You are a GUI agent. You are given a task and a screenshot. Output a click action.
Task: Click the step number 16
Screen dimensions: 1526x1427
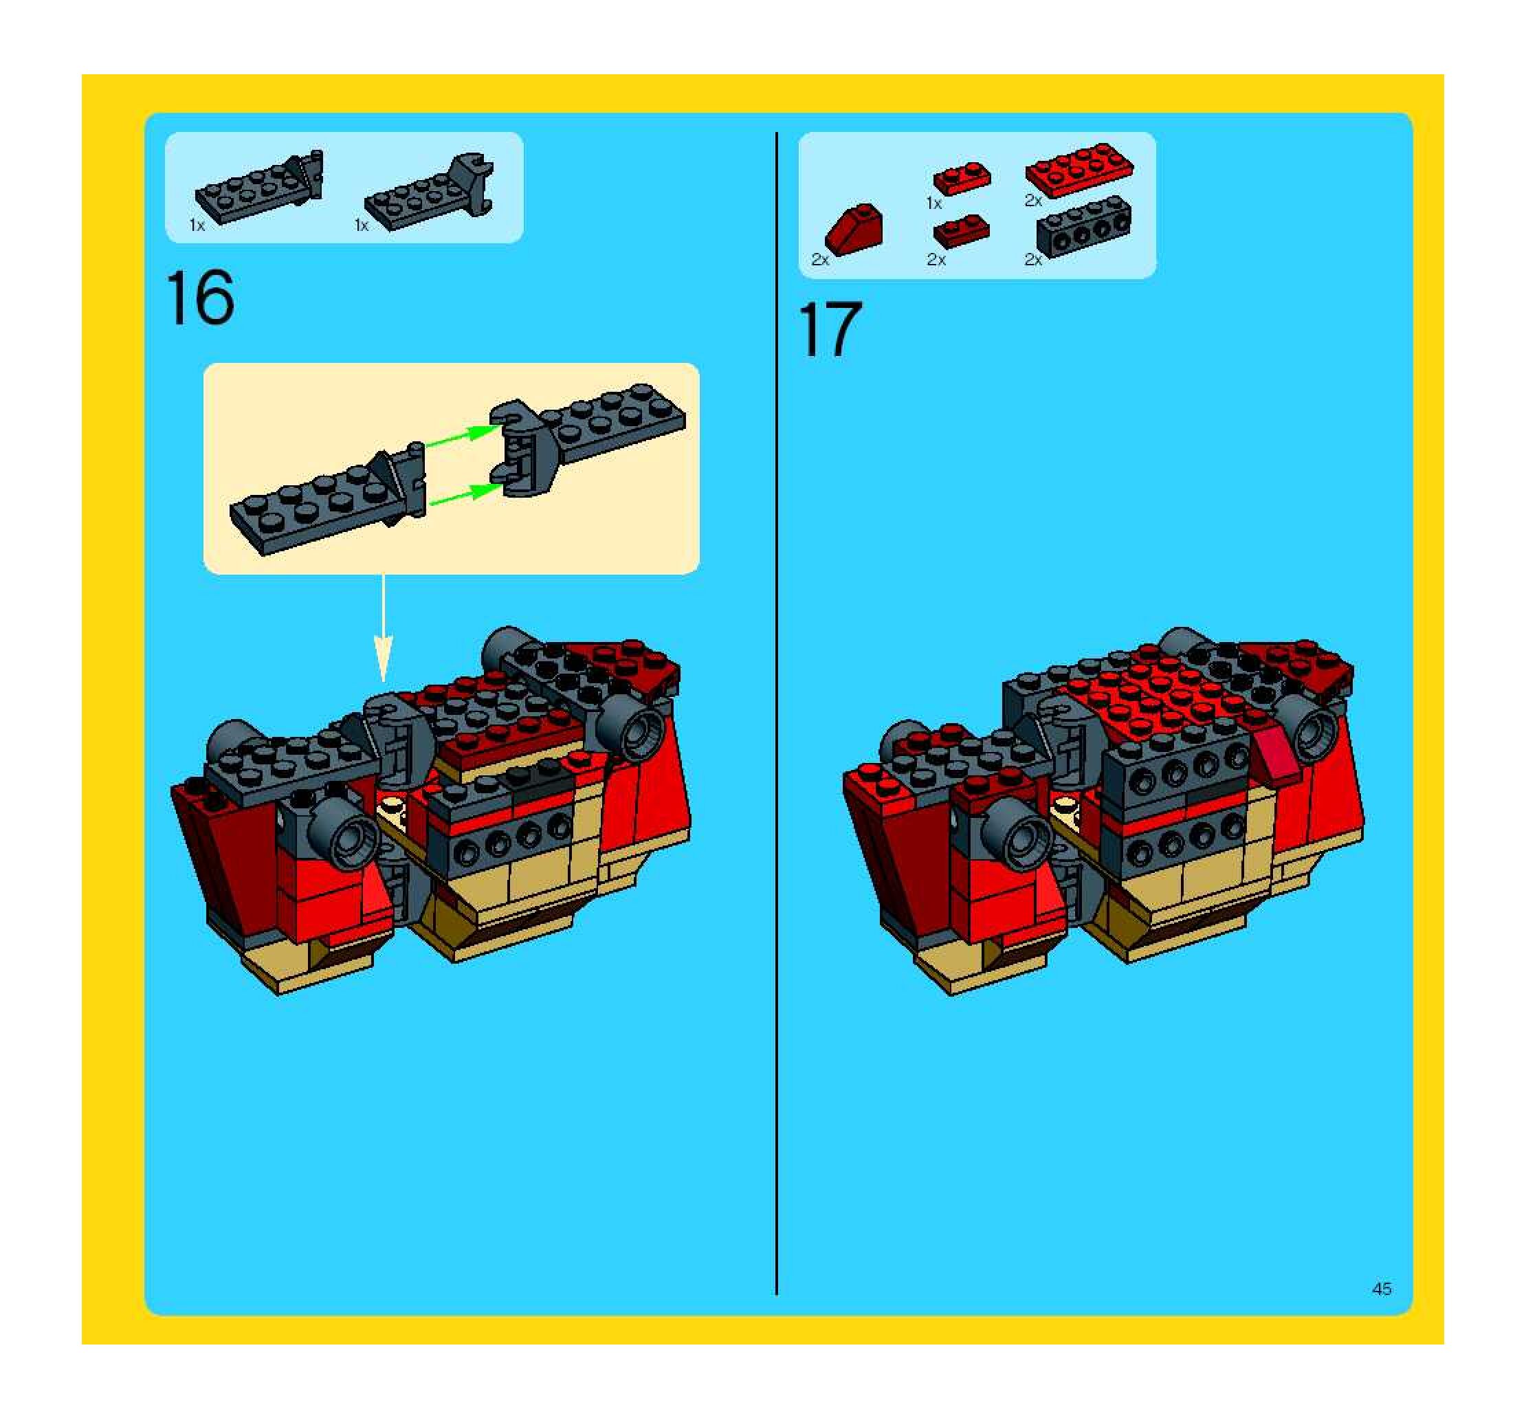199,298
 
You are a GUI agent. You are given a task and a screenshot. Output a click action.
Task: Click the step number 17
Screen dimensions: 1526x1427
830,329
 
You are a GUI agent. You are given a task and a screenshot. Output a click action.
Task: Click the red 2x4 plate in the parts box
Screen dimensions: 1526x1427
1079,170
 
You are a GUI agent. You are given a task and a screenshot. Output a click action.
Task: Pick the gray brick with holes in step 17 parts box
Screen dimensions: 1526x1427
1084,226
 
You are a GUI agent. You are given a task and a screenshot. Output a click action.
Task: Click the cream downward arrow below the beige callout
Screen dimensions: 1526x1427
383,628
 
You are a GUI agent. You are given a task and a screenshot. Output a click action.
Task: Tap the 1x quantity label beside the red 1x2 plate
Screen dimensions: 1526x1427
933,203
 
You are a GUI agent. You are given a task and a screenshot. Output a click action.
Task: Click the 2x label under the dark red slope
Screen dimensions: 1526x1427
820,261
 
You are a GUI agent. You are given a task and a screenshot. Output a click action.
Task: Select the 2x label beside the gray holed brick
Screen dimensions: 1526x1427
1033,261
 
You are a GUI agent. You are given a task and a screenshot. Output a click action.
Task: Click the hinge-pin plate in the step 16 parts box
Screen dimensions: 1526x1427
258,186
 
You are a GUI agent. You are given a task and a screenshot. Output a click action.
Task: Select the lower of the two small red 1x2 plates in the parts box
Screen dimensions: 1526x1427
961,231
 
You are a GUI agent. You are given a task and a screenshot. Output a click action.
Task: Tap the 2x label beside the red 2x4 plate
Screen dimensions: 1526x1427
1033,201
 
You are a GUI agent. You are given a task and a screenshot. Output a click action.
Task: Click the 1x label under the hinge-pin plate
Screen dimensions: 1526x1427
197,225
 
